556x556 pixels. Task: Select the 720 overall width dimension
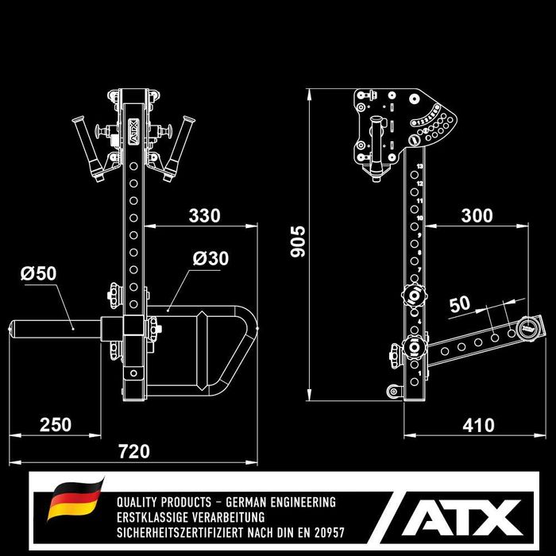pyautogui.click(x=133, y=451)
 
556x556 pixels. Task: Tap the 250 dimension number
pyautogui.click(x=55, y=425)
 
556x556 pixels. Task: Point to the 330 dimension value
pyautogui.click(x=204, y=215)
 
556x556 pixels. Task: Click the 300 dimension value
pyautogui.click(x=476, y=215)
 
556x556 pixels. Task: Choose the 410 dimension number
pyautogui.click(x=477, y=425)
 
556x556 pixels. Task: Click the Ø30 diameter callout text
pyautogui.click(x=210, y=259)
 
